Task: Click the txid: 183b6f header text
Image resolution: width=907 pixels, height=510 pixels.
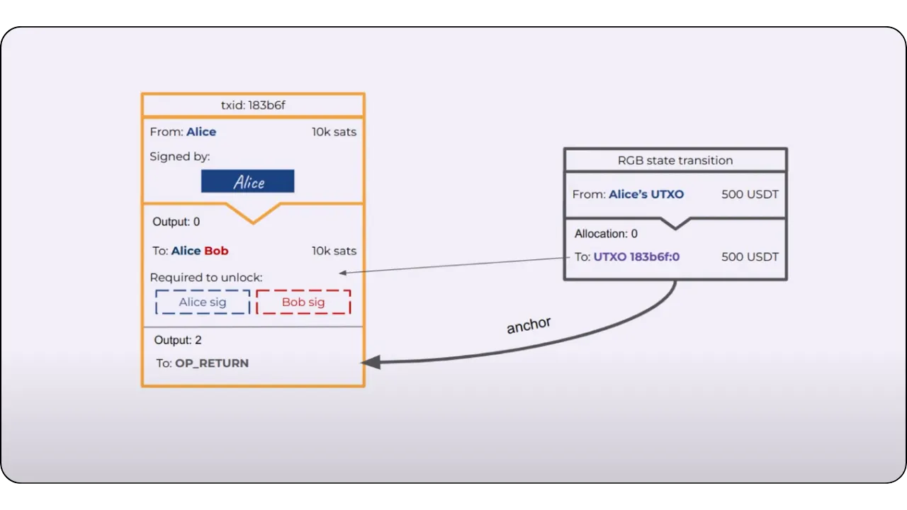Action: tap(253, 106)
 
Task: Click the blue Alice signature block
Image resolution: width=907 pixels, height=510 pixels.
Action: tap(247, 181)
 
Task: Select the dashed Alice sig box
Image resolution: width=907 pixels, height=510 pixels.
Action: tap(203, 302)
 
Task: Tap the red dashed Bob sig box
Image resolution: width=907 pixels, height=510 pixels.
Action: tap(303, 302)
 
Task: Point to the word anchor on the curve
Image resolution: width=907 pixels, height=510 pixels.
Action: tap(529, 325)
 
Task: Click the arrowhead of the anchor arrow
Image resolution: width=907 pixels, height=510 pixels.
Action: tap(369, 362)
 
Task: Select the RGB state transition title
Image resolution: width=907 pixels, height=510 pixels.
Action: tap(675, 160)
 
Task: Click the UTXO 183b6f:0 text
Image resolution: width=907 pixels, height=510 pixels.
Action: tap(636, 256)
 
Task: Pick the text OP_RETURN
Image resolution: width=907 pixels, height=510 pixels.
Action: tap(212, 363)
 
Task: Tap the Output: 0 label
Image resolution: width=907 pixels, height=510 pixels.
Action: tap(176, 222)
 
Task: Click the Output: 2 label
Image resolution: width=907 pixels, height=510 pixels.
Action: tap(178, 340)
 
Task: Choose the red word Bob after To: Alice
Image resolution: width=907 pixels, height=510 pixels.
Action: tap(216, 251)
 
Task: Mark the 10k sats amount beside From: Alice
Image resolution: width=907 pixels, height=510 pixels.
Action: tap(334, 132)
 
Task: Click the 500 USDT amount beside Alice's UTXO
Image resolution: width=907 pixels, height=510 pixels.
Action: tap(750, 194)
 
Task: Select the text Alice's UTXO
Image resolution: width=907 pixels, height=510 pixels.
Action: tap(646, 194)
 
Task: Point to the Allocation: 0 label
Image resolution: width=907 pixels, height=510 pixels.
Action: tap(606, 234)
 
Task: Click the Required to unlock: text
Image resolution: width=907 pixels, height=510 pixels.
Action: tap(206, 278)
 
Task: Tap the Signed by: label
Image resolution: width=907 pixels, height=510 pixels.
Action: tap(180, 157)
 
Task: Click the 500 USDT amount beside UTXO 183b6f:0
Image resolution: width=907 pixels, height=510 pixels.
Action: tap(750, 256)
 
